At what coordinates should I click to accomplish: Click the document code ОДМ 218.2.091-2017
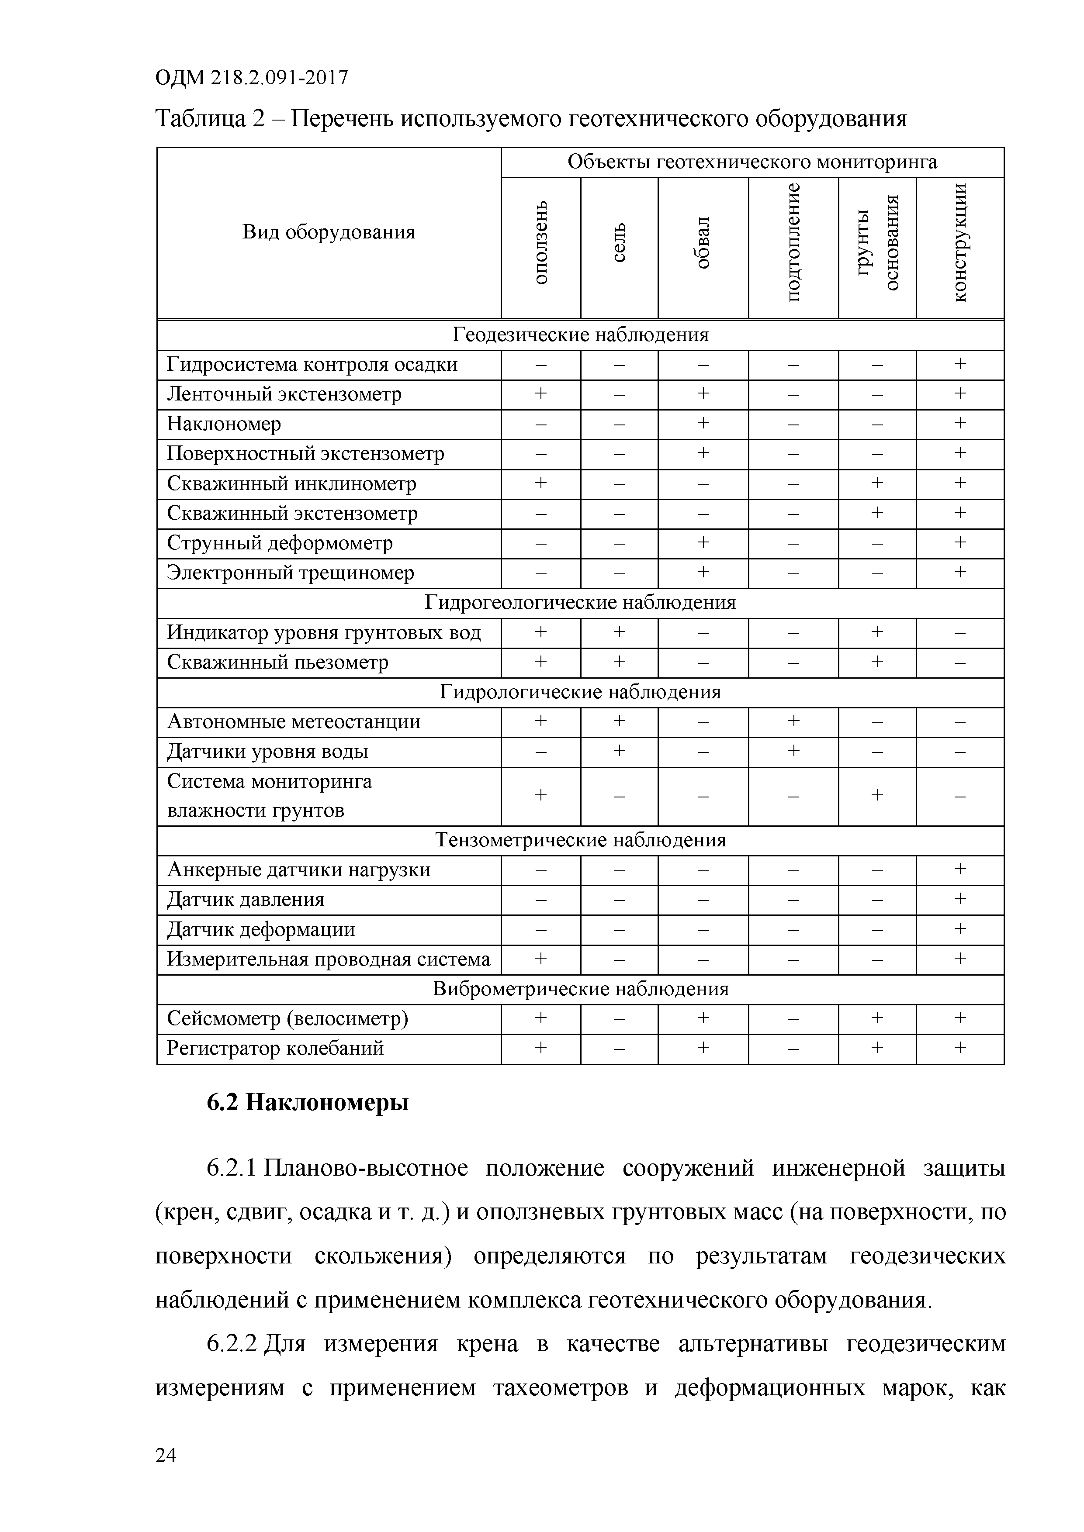[252, 79]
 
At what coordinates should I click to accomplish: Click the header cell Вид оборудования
[329, 232]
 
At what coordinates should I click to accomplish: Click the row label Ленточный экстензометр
[284, 394]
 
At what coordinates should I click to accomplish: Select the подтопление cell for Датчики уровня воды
[793, 751]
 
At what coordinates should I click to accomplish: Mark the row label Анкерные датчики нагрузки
[298, 870]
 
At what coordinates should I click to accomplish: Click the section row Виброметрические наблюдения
[580, 989]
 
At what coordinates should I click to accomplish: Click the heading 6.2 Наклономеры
[307, 1103]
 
